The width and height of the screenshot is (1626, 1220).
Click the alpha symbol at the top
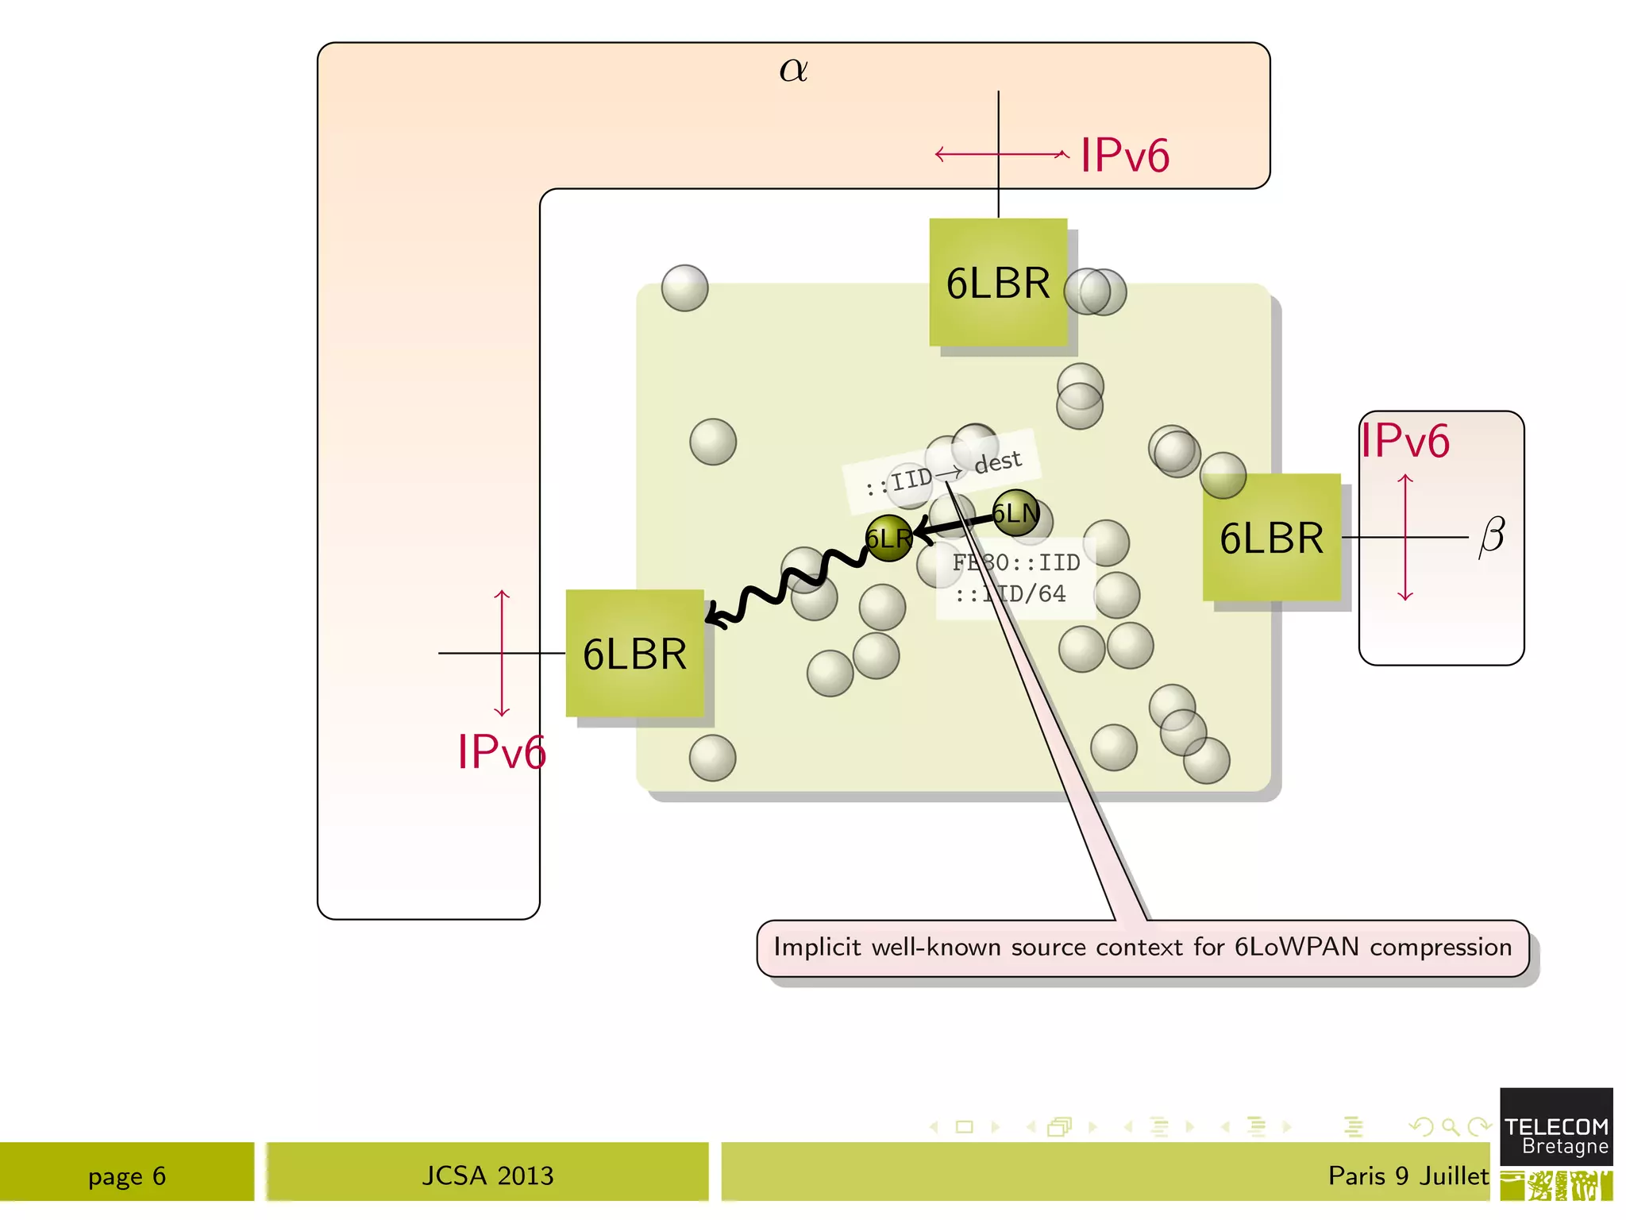[x=793, y=70]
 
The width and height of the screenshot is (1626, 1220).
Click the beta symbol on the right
[x=1491, y=536]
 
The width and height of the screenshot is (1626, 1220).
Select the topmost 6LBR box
[x=998, y=283]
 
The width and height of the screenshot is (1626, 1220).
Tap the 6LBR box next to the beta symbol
[x=1271, y=538]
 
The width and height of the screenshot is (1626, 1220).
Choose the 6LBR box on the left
[x=634, y=654]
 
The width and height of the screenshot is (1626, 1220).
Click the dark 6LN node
[x=1015, y=513]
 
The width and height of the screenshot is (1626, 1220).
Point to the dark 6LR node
[x=888, y=539]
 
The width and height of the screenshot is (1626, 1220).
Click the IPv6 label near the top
[x=1124, y=155]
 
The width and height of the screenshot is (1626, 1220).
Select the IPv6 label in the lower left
[x=501, y=751]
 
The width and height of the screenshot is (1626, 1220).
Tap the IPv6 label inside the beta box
[x=1404, y=441]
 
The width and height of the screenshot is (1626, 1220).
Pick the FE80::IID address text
[x=1015, y=562]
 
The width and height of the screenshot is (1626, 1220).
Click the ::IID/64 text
[x=1010, y=593]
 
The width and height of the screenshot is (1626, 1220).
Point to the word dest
[x=997, y=461]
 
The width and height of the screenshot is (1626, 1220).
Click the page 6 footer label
[x=127, y=1176]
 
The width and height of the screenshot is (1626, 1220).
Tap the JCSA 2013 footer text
[x=487, y=1176]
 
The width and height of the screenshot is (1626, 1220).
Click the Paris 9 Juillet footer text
[x=1408, y=1176]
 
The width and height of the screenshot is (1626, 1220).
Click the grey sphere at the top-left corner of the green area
[x=684, y=288]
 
